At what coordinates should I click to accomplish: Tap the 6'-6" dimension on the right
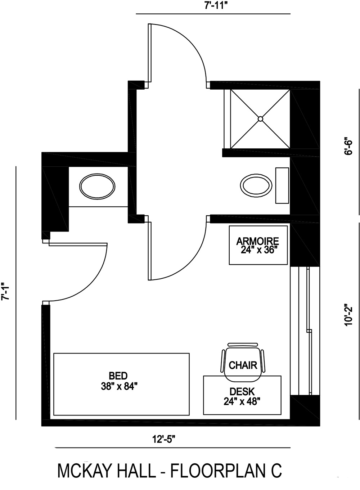(348, 145)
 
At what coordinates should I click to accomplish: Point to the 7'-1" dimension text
(5, 291)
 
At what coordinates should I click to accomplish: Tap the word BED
(118, 376)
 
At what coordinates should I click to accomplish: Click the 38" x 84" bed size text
(120, 386)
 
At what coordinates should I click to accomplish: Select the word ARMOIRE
(257, 241)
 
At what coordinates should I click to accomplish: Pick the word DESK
(242, 391)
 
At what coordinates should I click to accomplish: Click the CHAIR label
(243, 365)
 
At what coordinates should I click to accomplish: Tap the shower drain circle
(261, 118)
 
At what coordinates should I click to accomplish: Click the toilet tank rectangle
(282, 185)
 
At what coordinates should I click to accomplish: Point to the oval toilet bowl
(256, 185)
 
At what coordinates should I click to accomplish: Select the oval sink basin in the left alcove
(97, 186)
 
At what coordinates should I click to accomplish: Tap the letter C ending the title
(276, 471)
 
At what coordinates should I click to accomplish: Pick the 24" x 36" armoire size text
(258, 250)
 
